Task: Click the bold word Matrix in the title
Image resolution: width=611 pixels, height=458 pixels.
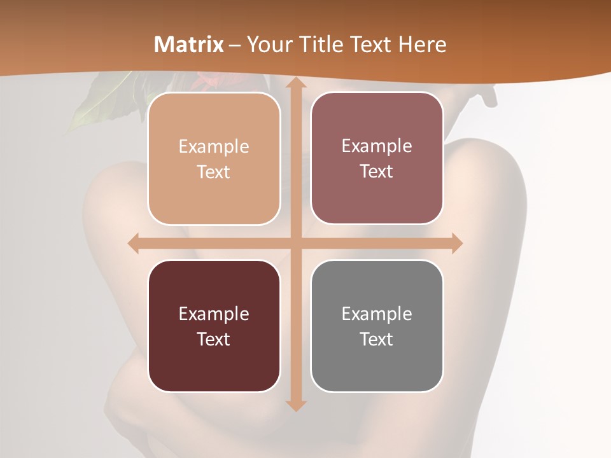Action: point(189,45)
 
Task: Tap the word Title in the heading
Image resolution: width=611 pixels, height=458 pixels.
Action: point(321,45)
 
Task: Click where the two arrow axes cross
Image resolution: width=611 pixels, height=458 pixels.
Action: point(295,243)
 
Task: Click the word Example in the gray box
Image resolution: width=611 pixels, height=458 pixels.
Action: point(377,314)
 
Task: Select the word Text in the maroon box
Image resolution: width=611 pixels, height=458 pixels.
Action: point(214,339)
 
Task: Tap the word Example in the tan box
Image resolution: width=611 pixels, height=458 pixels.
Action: point(214,146)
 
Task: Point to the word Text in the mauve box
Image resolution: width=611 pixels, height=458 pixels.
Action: point(377,172)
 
